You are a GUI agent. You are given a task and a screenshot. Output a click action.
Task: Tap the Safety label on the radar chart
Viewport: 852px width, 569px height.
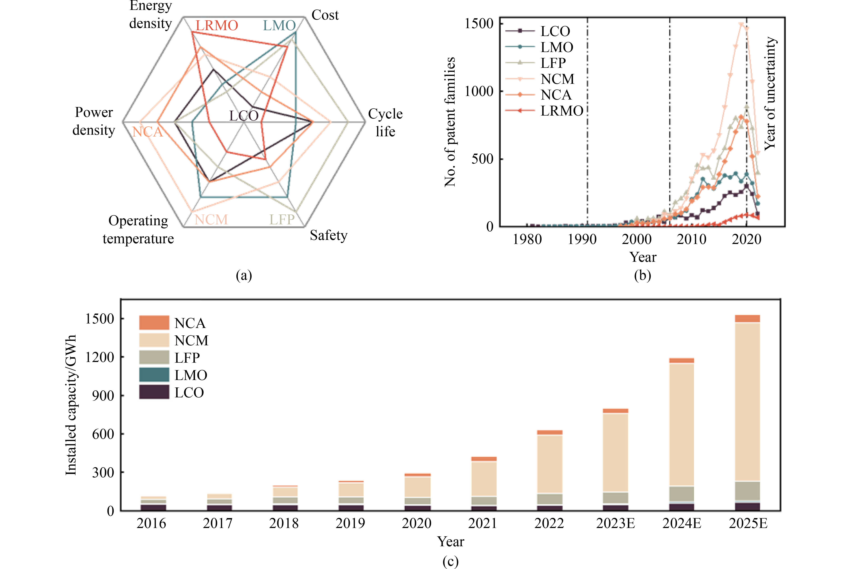click(329, 236)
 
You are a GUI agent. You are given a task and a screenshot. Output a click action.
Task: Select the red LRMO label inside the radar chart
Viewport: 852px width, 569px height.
click(217, 26)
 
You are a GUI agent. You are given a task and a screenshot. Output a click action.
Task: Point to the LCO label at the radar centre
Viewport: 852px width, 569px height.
click(244, 116)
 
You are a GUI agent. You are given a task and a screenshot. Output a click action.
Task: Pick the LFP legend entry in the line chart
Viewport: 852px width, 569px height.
click(553, 63)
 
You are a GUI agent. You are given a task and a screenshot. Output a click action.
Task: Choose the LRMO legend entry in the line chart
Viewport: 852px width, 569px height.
click(562, 111)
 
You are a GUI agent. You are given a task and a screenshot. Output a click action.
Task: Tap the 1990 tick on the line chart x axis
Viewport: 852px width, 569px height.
click(582, 239)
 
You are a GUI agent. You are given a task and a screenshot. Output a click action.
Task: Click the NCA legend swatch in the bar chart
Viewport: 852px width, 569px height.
click(154, 323)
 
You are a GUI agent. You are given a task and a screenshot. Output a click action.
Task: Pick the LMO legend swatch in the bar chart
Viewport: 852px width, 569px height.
click(154, 375)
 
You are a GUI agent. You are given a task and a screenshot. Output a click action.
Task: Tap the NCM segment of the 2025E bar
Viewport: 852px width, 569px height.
click(747, 401)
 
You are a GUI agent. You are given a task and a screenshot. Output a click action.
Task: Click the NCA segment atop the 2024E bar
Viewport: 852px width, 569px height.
click(681, 360)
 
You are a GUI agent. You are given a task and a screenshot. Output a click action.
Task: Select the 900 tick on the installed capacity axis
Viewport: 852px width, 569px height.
click(103, 396)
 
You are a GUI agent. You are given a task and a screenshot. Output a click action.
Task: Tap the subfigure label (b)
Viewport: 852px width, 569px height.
click(642, 275)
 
